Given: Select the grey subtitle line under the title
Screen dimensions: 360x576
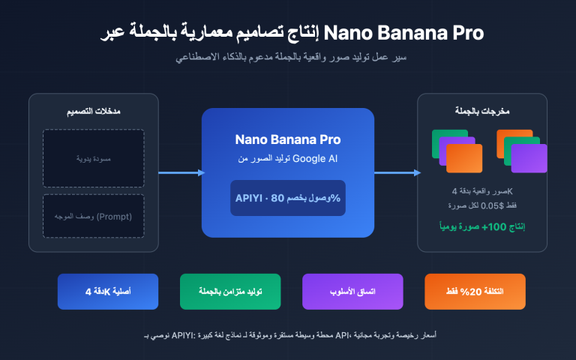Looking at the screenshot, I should click(288, 58).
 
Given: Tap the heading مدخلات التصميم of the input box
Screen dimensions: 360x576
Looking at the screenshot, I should click(94, 112).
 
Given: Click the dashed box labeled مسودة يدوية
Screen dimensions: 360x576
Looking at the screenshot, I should click(94, 158).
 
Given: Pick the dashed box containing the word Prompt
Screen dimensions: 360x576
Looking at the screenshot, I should click(94, 217).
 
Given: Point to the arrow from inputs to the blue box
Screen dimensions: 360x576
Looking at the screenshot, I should click(181, 172).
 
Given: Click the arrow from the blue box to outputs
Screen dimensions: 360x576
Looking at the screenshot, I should click(396, 172).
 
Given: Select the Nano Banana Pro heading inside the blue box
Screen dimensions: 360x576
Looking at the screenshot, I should click(288, 139).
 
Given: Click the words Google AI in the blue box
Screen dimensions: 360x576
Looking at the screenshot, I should click(316, 158).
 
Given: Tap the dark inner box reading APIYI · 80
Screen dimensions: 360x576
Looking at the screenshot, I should click(288, 198).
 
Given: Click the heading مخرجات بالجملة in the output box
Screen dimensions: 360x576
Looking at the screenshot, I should click(482, 112).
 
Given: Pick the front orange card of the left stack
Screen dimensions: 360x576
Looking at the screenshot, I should click(464, 158).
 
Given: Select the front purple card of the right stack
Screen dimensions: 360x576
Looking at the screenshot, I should click(529, 158).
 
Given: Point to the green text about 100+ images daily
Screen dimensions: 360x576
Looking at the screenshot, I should click(482, 225).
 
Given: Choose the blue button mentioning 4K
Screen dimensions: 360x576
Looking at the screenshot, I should click(108, 291).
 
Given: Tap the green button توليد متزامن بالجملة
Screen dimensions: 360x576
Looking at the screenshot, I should click(230, 291).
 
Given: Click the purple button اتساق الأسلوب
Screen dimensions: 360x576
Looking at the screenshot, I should click(352, 291).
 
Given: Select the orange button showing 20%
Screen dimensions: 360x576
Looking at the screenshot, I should click(475, 291).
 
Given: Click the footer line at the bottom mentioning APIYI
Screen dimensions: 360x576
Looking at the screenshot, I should click(288, 334).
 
